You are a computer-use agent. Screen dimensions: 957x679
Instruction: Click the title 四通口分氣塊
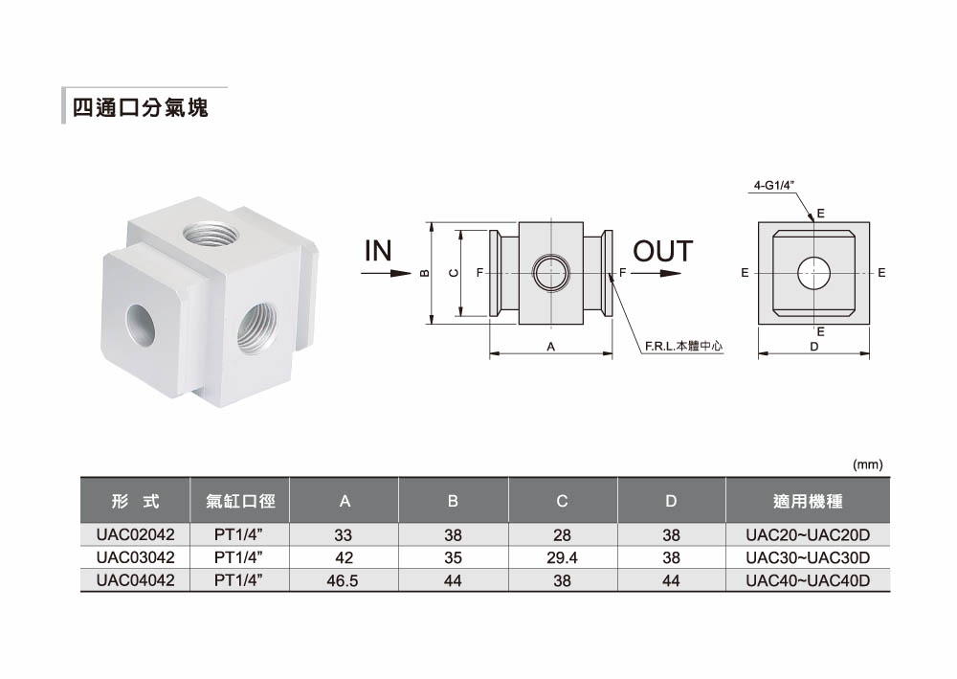[141, 107]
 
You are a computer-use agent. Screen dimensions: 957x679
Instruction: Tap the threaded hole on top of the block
[208, 234]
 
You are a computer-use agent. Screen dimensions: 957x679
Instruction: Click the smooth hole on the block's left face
[141, 325]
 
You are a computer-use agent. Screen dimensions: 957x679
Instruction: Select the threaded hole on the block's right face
[256, 328]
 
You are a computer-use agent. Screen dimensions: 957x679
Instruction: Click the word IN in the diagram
[378, 251]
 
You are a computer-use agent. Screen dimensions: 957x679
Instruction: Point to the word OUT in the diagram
[663, 251]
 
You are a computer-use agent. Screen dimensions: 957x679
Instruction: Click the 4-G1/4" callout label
[774, 185]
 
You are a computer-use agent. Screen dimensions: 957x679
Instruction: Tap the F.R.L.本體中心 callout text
[683, 347]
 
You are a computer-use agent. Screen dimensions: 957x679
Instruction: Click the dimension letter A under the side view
[550, 347]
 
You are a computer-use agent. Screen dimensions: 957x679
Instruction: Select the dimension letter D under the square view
[813, 347]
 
